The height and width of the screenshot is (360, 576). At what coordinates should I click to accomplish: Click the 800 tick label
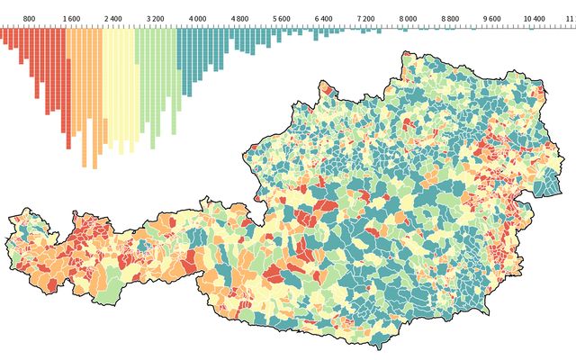pos(30,18)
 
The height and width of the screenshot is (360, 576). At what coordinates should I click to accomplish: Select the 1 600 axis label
pos(71,18)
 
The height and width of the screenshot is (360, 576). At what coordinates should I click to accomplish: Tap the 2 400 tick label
pos(113,18)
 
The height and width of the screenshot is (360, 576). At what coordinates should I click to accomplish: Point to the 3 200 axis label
pos(156,18)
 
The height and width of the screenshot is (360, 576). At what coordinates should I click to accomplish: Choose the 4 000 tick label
pos(197,18)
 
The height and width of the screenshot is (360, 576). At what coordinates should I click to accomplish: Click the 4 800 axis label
pos(239,18)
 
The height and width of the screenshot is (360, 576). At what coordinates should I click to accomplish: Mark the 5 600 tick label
pos(282,18)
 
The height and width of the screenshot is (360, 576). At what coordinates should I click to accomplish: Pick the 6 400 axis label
pos(324,18)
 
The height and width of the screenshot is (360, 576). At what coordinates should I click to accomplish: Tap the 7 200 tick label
pos(365,18)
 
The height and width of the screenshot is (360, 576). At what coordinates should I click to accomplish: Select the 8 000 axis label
pos(408,18)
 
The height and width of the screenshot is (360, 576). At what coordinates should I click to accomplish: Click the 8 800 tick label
pos(450,18)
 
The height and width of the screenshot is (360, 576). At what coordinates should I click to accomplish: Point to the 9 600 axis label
pos(492,18)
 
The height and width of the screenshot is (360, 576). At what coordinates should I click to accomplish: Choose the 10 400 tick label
pos(534,18)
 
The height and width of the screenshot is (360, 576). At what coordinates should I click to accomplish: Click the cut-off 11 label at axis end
pos(571,18)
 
